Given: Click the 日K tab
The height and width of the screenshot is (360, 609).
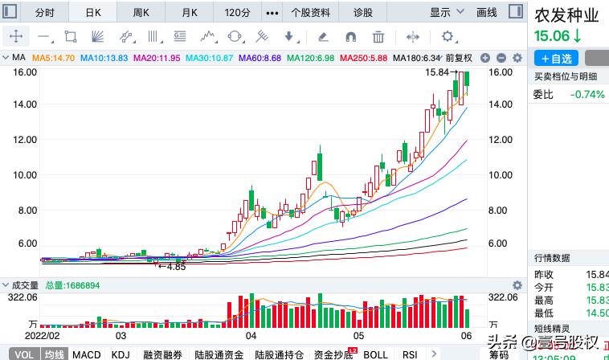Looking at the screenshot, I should click(94, 12).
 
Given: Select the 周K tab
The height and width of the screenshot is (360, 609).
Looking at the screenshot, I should click(141, 12).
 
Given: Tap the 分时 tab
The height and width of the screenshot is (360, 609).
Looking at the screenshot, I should click(45, 12).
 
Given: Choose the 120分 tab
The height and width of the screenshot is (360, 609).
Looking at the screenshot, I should click(237, 12).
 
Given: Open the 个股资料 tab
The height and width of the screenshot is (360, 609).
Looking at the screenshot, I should click(310, 12).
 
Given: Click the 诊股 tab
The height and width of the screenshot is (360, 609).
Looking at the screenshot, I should click(364, 12).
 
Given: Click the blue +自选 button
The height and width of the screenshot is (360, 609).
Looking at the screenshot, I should click(556, 59).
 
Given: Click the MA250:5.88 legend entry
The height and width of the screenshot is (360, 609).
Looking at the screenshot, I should click(363, 58).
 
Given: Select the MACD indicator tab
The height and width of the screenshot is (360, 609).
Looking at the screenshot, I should click(86, 354).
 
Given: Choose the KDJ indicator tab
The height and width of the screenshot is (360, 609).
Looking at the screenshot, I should click(121, 354).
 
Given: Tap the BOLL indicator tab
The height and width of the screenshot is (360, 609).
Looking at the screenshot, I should click(375, 354).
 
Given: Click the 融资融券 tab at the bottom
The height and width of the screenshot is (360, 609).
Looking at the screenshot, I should click(163, 354).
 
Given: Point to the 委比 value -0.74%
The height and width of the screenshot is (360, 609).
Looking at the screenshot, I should click(587, 95).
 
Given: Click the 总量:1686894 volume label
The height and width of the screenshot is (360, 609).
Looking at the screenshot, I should click(72, 285).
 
